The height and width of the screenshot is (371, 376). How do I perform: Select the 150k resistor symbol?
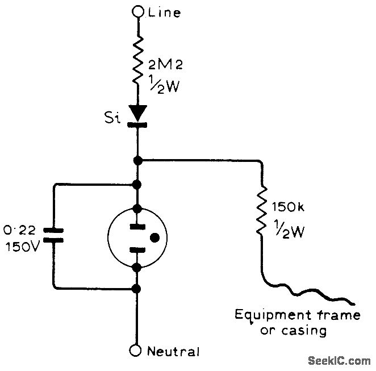click(x=261, y=212)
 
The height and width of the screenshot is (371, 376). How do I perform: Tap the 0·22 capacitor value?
click(x=20, y=231)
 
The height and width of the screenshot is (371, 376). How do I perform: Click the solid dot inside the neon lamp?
click(x=153, y=237)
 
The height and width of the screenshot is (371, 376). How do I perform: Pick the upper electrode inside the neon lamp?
click(x=137, y=227)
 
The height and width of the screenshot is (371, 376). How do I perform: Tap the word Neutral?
click(x=173, y=352)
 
